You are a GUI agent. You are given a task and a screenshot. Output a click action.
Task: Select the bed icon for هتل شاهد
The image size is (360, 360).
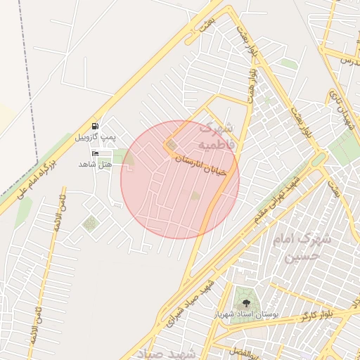95,153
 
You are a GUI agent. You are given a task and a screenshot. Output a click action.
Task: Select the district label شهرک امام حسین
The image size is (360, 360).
302,246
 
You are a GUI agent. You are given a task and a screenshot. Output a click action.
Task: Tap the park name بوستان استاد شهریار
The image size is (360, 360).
245,313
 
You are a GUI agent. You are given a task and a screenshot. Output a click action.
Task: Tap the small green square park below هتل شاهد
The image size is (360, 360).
89,224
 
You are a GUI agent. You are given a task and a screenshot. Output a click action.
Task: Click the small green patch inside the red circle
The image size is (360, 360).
195,195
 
